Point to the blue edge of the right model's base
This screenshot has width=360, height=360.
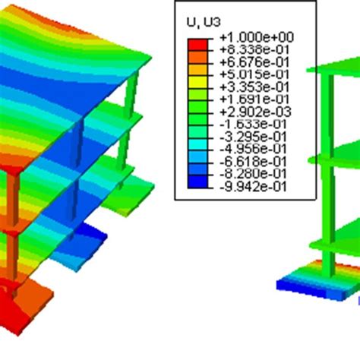click(304, 286)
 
